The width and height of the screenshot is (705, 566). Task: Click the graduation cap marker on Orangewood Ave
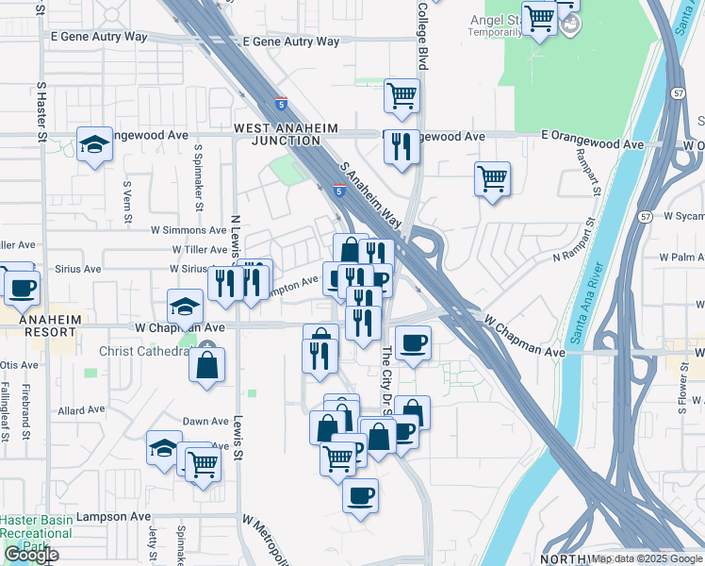click(x=94, y=144)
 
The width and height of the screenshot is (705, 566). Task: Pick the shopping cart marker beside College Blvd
click(x=402, y=95)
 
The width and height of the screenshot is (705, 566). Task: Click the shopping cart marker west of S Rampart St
click(x=493, y=178)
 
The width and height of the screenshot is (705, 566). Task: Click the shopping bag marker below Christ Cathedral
click(x=206, y=364)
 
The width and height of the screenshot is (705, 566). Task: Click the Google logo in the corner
click(x=31, y=555)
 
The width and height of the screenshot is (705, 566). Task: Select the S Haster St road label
click(x=41, y=111)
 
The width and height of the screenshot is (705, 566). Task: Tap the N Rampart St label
click(x=577, y=256)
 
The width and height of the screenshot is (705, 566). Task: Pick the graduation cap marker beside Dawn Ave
click(x=164, y=448)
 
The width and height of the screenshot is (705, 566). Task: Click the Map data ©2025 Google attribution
click(x=647, y=558)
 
